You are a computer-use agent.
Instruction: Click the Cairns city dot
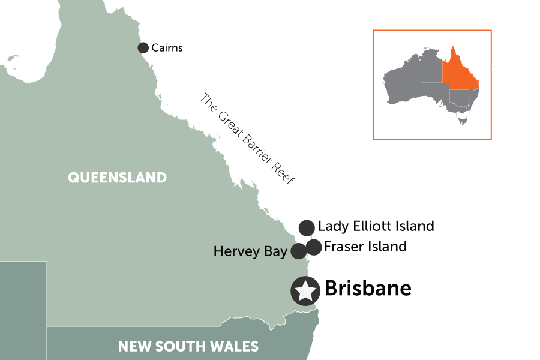click(143, 47)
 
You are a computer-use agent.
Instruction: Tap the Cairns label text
click(167, 47)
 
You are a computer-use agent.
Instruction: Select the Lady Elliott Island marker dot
click(307, 227)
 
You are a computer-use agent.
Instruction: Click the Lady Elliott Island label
click(376, 226)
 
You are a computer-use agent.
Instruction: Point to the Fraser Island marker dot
click(314, 247)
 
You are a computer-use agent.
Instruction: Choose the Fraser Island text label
click(365, 246)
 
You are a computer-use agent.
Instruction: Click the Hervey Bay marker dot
click(299, 251)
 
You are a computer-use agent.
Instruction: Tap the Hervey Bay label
click(250, 251)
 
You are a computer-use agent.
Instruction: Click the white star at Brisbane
click(305, 291)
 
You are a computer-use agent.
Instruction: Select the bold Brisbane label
click(368, 289)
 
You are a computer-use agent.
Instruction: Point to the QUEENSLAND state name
click(117, 177)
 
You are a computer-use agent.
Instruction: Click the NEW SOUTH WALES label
click(188, 346)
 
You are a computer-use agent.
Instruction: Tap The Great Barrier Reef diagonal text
click(248, 139)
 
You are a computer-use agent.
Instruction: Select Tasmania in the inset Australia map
click(462, 120)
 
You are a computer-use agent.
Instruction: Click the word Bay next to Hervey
click(275, 251)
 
